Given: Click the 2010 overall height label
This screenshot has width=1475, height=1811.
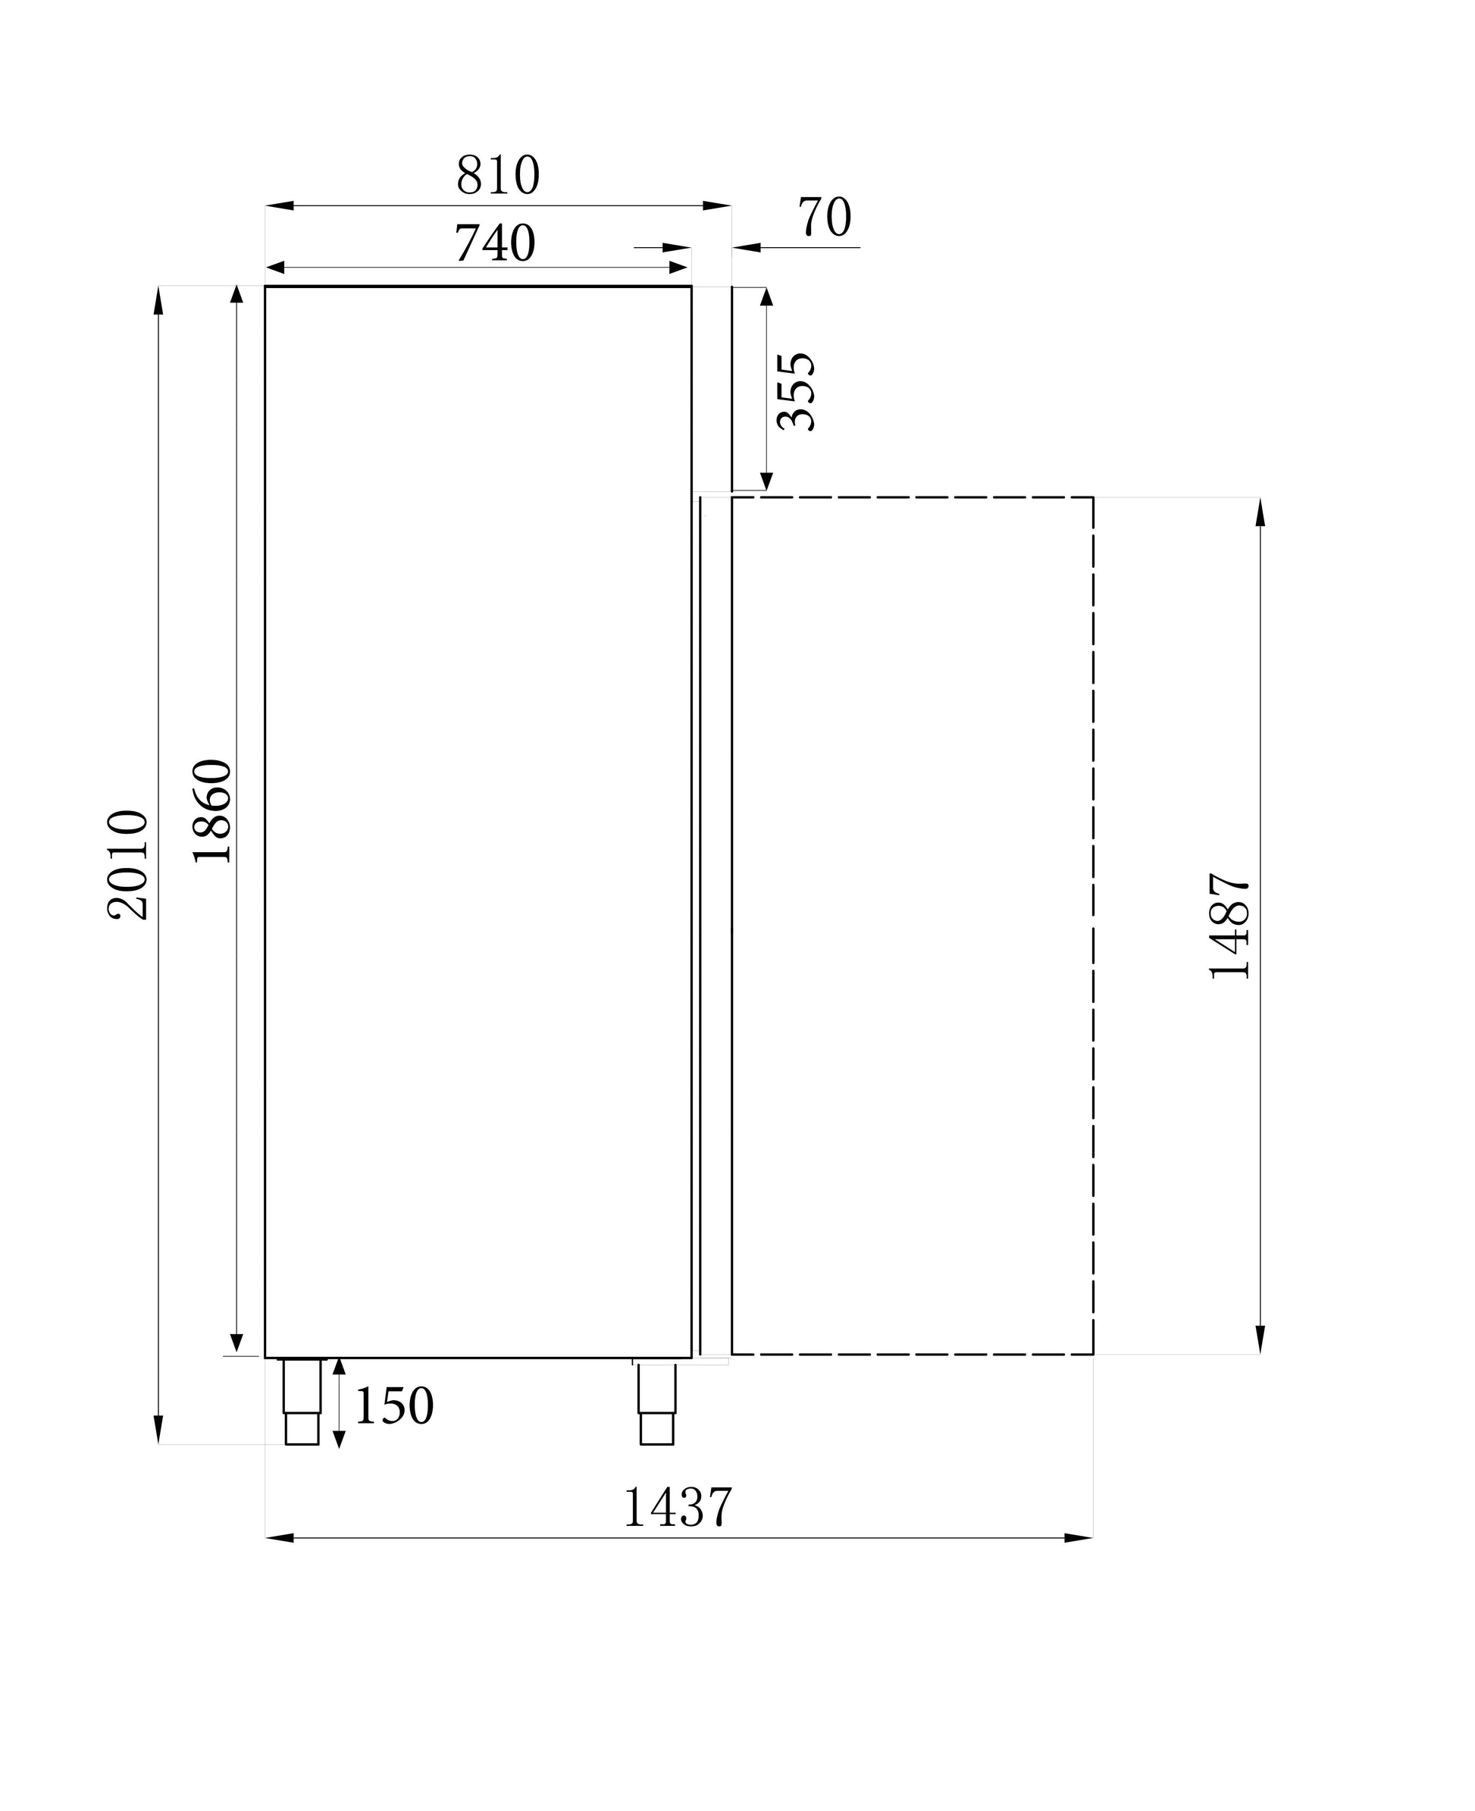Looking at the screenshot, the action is coord(127,865).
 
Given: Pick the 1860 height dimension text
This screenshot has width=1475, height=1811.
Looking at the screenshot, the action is coord(211,811).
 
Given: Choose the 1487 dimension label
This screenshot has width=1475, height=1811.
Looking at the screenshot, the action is coord(1229,926).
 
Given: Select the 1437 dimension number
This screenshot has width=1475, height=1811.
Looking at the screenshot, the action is coord(677,1508).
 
